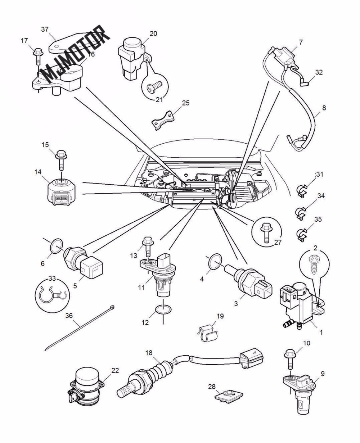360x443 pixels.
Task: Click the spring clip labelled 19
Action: pos(208,333)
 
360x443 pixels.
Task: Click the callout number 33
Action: pos(52,278)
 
